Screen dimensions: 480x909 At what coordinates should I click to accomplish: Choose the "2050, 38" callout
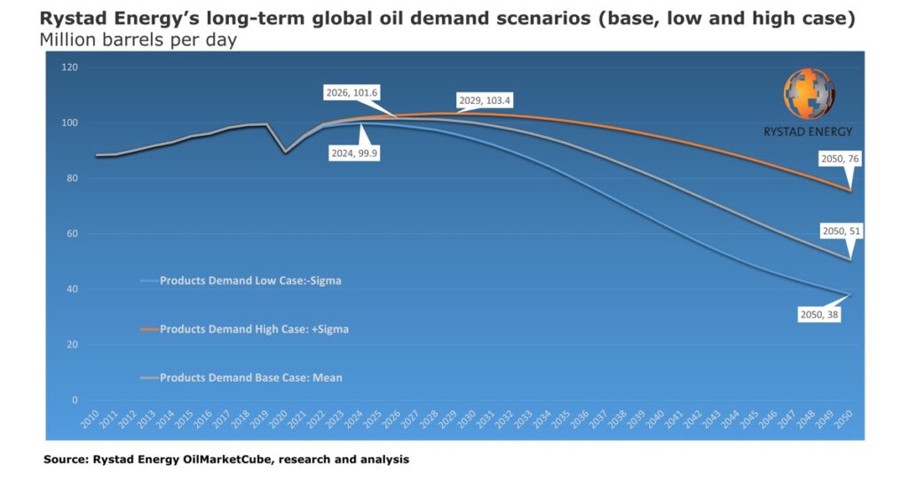pos(818,314)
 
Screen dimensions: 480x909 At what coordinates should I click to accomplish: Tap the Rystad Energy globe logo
pos(809,95)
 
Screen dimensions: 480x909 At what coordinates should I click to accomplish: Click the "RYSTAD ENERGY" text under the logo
pos(808,131)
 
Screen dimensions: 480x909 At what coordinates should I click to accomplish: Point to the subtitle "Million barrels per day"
pos(138,41)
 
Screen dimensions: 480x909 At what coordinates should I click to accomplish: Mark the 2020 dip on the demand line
pos(285,152)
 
